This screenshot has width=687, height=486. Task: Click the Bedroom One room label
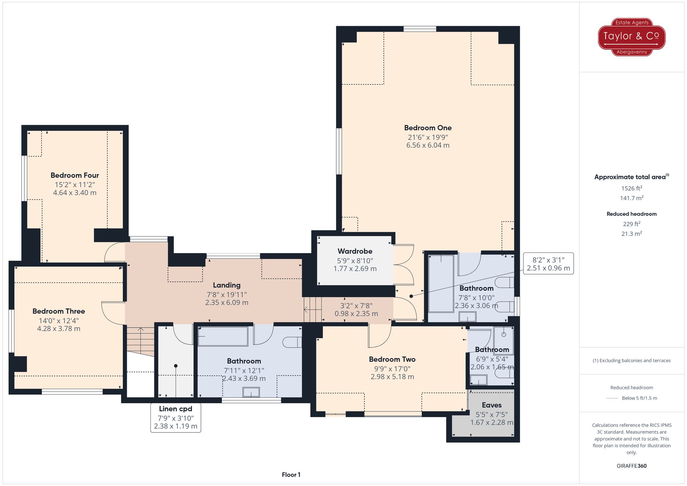428,128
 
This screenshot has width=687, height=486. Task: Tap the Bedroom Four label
75,175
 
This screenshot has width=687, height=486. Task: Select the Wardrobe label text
355,251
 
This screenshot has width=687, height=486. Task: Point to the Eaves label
492,405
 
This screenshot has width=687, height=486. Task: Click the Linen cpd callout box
176,418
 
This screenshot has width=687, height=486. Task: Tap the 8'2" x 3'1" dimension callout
548,264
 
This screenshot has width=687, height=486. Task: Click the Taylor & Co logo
632,37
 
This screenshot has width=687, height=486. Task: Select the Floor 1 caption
291,475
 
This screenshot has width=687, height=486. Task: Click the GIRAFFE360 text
631,466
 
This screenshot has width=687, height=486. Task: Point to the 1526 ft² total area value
632,188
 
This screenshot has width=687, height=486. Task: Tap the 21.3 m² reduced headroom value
632,234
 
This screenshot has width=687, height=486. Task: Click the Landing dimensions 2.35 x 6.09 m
227,303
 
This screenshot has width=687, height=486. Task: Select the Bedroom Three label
59,311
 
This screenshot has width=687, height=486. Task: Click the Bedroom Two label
392,359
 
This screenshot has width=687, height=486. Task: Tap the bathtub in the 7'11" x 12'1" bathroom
223,336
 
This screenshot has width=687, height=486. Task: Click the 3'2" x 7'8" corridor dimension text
356,306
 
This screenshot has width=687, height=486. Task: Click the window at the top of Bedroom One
420,29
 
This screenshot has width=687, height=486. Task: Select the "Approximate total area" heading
630,177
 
